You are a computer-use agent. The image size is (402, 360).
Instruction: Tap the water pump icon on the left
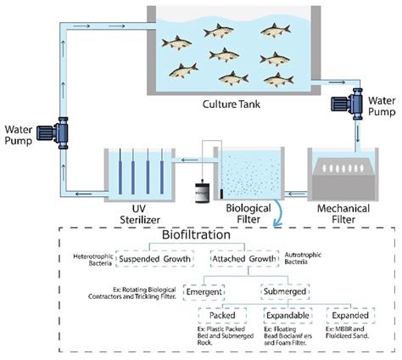pos(64,134)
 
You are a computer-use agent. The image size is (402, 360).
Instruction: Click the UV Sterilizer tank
pos(135,174)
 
